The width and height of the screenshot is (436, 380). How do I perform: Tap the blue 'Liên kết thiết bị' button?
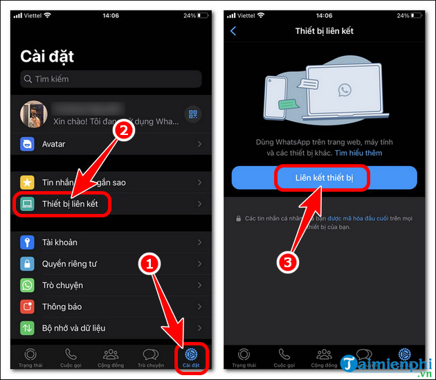[324, 178]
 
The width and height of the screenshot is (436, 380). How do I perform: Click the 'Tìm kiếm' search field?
[111, 79]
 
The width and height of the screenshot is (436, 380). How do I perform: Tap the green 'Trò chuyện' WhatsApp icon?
[27, 285]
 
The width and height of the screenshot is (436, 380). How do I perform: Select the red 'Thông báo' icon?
[27, 307]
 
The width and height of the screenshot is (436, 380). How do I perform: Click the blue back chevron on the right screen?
[233, 30]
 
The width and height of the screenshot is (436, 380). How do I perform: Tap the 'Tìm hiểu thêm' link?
[358, 152]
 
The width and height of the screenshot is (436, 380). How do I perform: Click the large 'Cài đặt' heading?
[47, 55]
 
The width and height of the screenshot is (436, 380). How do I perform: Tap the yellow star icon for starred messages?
[27, 182]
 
